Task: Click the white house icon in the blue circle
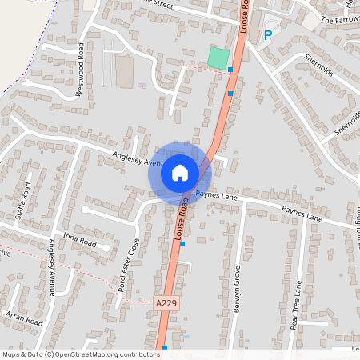(x=180, y=173)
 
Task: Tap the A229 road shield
(x=164, y=303)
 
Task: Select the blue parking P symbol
(x=267, y=34)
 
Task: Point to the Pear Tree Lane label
(x=296, y=304)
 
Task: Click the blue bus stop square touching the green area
(x=230, y=70)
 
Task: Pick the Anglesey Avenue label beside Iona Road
(x=52, y=266)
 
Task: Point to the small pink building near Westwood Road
(x=142, y=86)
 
